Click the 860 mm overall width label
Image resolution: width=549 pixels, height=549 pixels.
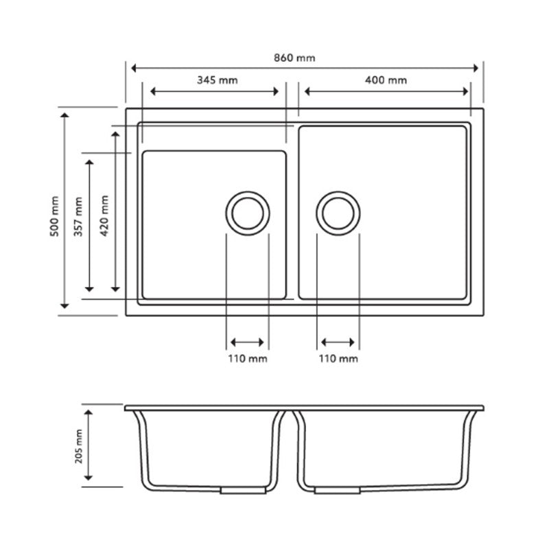pos(297,58)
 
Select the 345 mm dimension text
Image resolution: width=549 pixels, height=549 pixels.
pos(217,80)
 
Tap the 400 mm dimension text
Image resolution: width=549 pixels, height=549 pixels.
pos(386,80)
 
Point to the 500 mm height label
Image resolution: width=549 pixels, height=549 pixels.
pos(55,218)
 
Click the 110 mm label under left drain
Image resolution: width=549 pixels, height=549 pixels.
pos(248,359)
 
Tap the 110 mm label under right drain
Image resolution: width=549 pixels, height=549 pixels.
pos(338,359)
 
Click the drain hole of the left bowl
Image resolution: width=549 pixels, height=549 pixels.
pos(246,212)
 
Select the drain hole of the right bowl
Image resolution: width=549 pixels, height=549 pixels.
pos(338,212)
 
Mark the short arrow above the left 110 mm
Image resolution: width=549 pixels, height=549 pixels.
pos(247,342)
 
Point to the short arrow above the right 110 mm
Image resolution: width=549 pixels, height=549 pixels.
pos(338,342)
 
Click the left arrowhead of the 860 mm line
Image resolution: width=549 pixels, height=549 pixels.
pos(133,68)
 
